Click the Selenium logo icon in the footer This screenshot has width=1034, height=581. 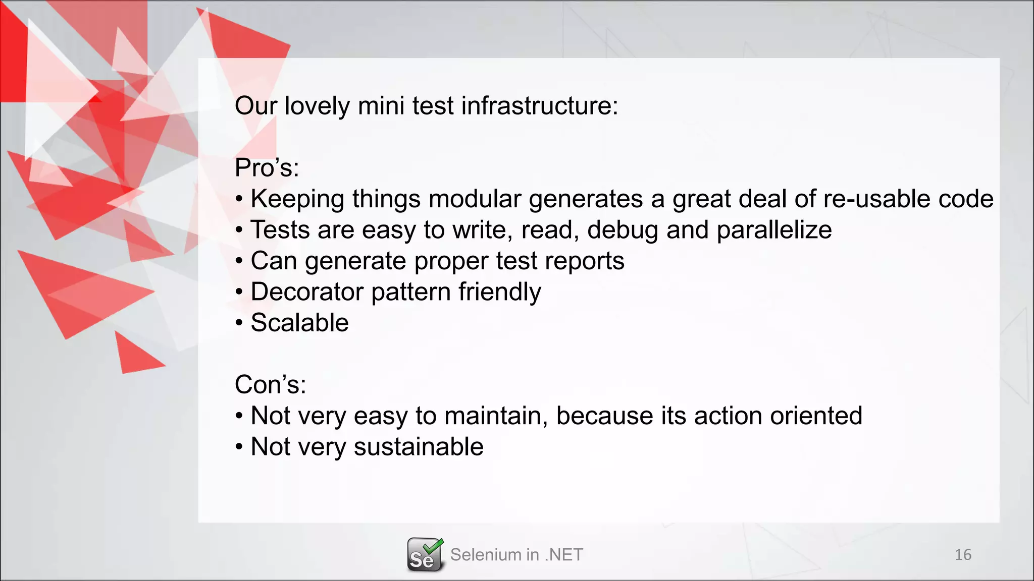click(425, 555)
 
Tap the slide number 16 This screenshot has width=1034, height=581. click(963, 555)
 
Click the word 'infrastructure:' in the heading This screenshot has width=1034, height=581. click(540, 106)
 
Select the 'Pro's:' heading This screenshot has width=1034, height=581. click(267, 167)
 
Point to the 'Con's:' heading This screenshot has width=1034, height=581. click(271, 384)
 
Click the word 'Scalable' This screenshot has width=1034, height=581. click(299, 323)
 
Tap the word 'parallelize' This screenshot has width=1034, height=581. click(774, 230)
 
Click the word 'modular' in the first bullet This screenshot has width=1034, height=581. click(475, 199)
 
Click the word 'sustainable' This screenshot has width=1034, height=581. click(419, 447)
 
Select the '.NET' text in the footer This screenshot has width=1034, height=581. click(564, 555)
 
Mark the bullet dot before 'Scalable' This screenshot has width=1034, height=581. click(239, 323)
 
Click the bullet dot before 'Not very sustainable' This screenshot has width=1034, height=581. click(239, 447)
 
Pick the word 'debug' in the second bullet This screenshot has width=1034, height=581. click(623, 230)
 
